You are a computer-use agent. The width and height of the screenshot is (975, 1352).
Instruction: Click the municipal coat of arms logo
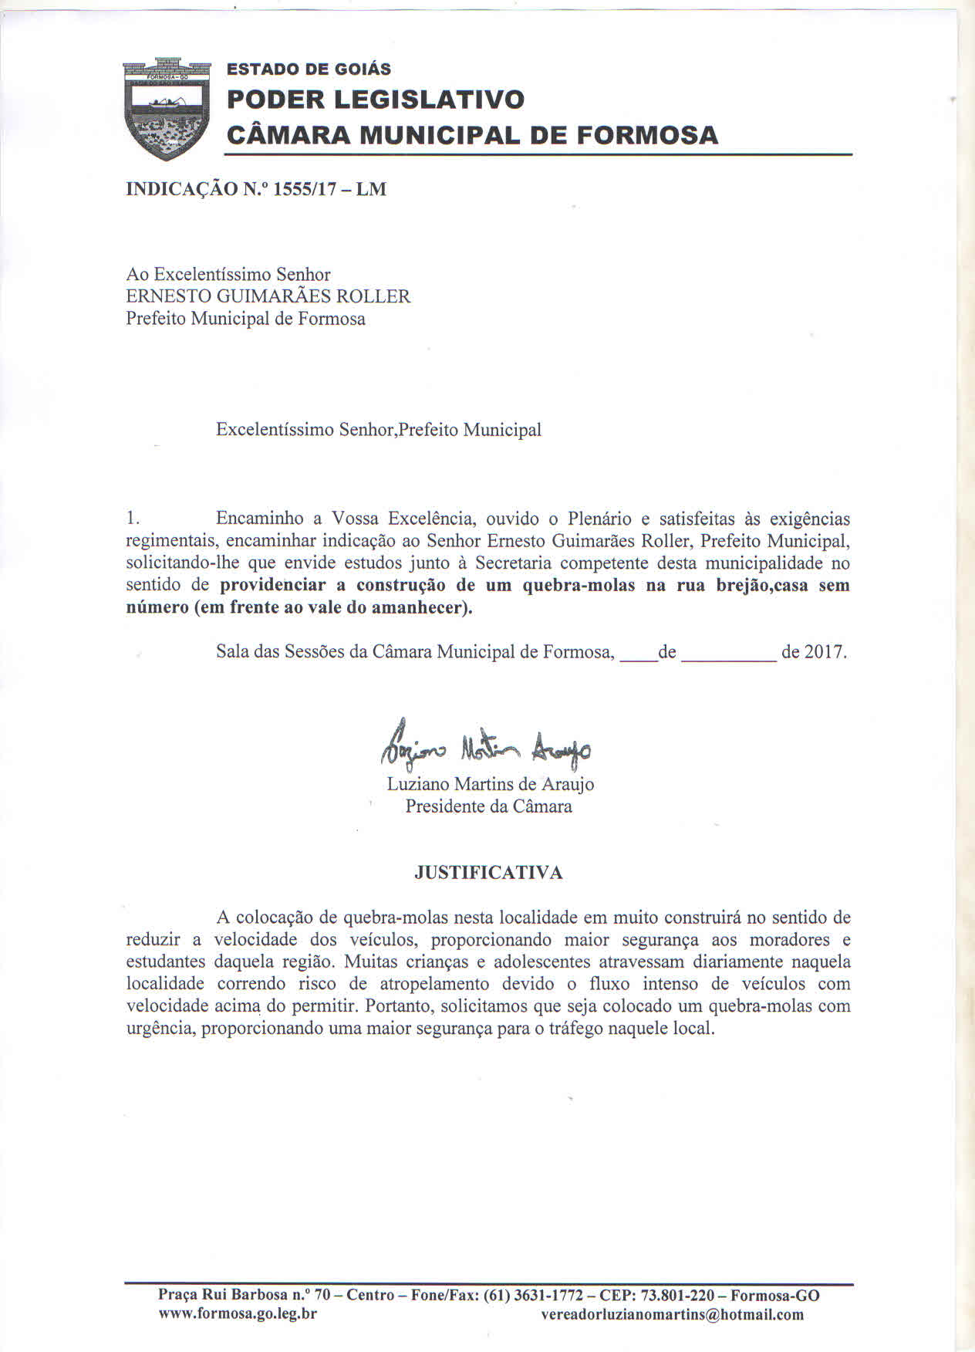(167, 108)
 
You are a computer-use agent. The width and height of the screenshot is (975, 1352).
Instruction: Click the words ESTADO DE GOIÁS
(309, 69)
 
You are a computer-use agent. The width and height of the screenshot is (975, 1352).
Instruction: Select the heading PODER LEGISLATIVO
(376, 100)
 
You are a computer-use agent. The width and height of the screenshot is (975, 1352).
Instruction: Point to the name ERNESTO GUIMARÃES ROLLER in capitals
(268, 296)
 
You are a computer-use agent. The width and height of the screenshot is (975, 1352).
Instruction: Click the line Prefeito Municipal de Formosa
(245, 319)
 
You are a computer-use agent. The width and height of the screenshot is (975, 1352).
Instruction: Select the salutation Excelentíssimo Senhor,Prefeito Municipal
(378, 430)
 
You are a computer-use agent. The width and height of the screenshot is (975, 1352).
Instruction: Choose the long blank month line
(729, 660)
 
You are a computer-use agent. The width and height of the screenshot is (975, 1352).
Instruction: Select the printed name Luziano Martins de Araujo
(490, 785)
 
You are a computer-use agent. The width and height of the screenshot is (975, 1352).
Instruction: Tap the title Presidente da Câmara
(489, 807)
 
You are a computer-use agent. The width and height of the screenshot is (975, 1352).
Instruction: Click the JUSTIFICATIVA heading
(488, 873)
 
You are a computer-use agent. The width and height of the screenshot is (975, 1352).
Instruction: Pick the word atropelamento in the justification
(434, 985)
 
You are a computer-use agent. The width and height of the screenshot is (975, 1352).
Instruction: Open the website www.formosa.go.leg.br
(238, 1314)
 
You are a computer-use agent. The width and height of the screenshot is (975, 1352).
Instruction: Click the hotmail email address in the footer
(672, 1315)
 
